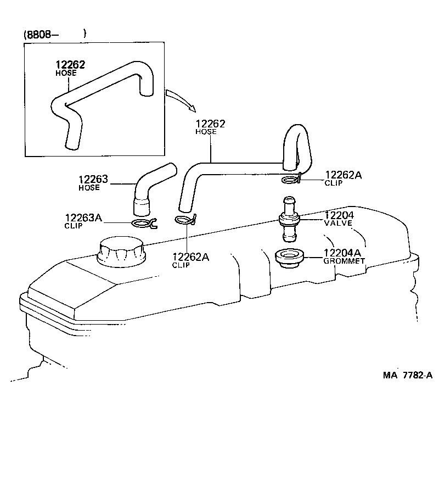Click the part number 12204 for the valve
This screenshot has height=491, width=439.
(340, 215)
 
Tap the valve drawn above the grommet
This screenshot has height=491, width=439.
(289, 219)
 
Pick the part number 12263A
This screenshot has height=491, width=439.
(83, 217)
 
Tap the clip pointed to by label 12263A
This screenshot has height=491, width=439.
(145, 223)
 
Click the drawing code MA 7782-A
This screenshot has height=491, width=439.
(408, 375)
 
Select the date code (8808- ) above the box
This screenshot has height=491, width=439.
(55, 34)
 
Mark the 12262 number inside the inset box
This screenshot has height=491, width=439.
(70, 65)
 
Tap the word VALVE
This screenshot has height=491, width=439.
(339, 224)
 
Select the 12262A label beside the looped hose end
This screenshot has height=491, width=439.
(343, 175)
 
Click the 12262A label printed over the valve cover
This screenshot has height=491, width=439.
(190, 256)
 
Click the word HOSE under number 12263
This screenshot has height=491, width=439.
(89, 188)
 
